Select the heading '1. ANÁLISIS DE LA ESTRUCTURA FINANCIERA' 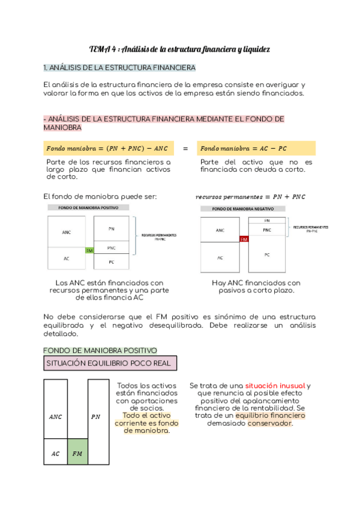119,67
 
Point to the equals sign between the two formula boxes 185,148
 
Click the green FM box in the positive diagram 89,250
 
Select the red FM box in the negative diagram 244,239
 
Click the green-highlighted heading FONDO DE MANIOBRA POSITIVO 101,350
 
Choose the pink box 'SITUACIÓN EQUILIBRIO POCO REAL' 110,363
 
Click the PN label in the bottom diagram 96,416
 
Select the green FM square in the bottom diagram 77,453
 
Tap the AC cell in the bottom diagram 55,453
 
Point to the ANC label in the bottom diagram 55,416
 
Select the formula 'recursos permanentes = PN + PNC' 251,197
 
